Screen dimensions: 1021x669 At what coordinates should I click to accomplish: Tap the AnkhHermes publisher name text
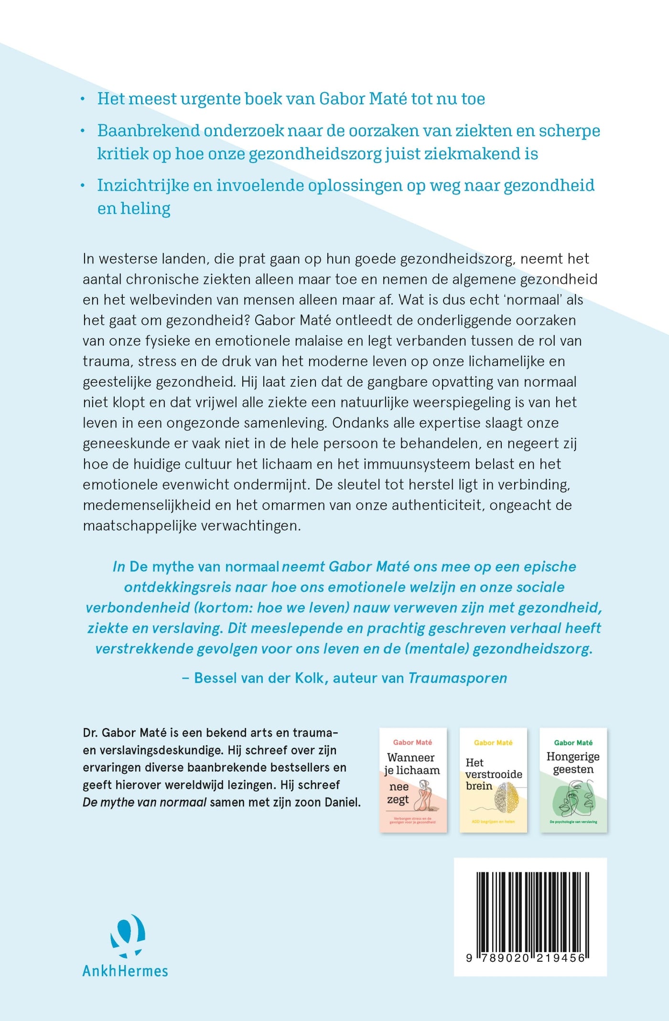click(125, 971)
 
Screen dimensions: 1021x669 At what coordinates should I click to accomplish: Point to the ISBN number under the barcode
click(526, 958)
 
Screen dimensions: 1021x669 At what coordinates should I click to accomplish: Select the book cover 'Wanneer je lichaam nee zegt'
click(413, 780)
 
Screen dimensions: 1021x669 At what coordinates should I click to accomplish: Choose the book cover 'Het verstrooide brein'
click(493, 780)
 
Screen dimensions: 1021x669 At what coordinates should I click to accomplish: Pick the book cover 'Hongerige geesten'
click(573, 780)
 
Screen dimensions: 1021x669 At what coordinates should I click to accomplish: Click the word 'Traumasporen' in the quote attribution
click(458, 678)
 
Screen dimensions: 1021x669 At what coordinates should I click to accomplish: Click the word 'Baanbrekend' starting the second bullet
click(149, 130)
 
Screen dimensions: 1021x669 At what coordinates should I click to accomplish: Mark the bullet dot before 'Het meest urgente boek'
click(83, 99)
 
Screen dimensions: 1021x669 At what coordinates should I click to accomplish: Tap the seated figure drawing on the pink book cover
click(423, 795)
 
